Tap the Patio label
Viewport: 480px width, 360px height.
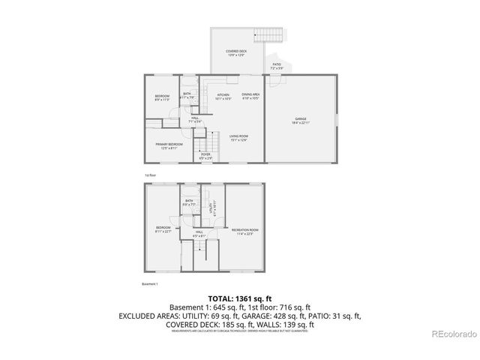[x=277, y=66]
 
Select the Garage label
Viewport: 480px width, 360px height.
[x=301, y=120]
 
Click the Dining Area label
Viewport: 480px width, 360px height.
[x=251, y=96]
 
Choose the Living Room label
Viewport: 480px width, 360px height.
[x=238, y=137]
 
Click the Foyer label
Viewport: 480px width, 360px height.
[x=205, y=157]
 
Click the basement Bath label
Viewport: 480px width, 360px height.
[x=190, y=202]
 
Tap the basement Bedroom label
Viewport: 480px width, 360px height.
[x=163, y=229]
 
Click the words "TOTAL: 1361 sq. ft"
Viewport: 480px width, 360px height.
[x=239, y=298]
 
